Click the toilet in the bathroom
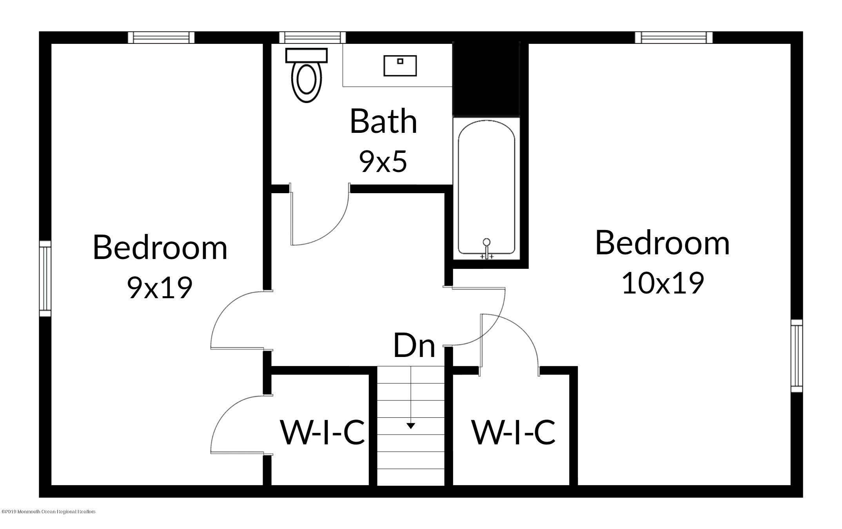[x=306, y=75]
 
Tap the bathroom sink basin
[x=400, y=66]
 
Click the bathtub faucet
[x=486, y=248]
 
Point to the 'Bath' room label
[x=383, y=121]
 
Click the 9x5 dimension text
[x=383, y=162]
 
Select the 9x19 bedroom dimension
[x=160, y=287]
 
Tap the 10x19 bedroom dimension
[x=663, y=283]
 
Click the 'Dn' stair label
[x=414, y=346]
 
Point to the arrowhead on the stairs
[x=411, y=426]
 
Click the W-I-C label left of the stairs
[x=322, y=433]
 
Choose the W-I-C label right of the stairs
[x=513, y=432]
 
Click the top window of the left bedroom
[x=161, y=37]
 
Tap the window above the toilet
[x=312, y=37]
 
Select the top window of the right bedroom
[x=674, y=37]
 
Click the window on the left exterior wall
[x=45, y=279]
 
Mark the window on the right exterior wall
[x=797, y=356]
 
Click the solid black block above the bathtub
[x=486, y=79]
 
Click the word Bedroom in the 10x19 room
[x=662, y=243]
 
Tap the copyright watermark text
[x=49, y=512]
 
